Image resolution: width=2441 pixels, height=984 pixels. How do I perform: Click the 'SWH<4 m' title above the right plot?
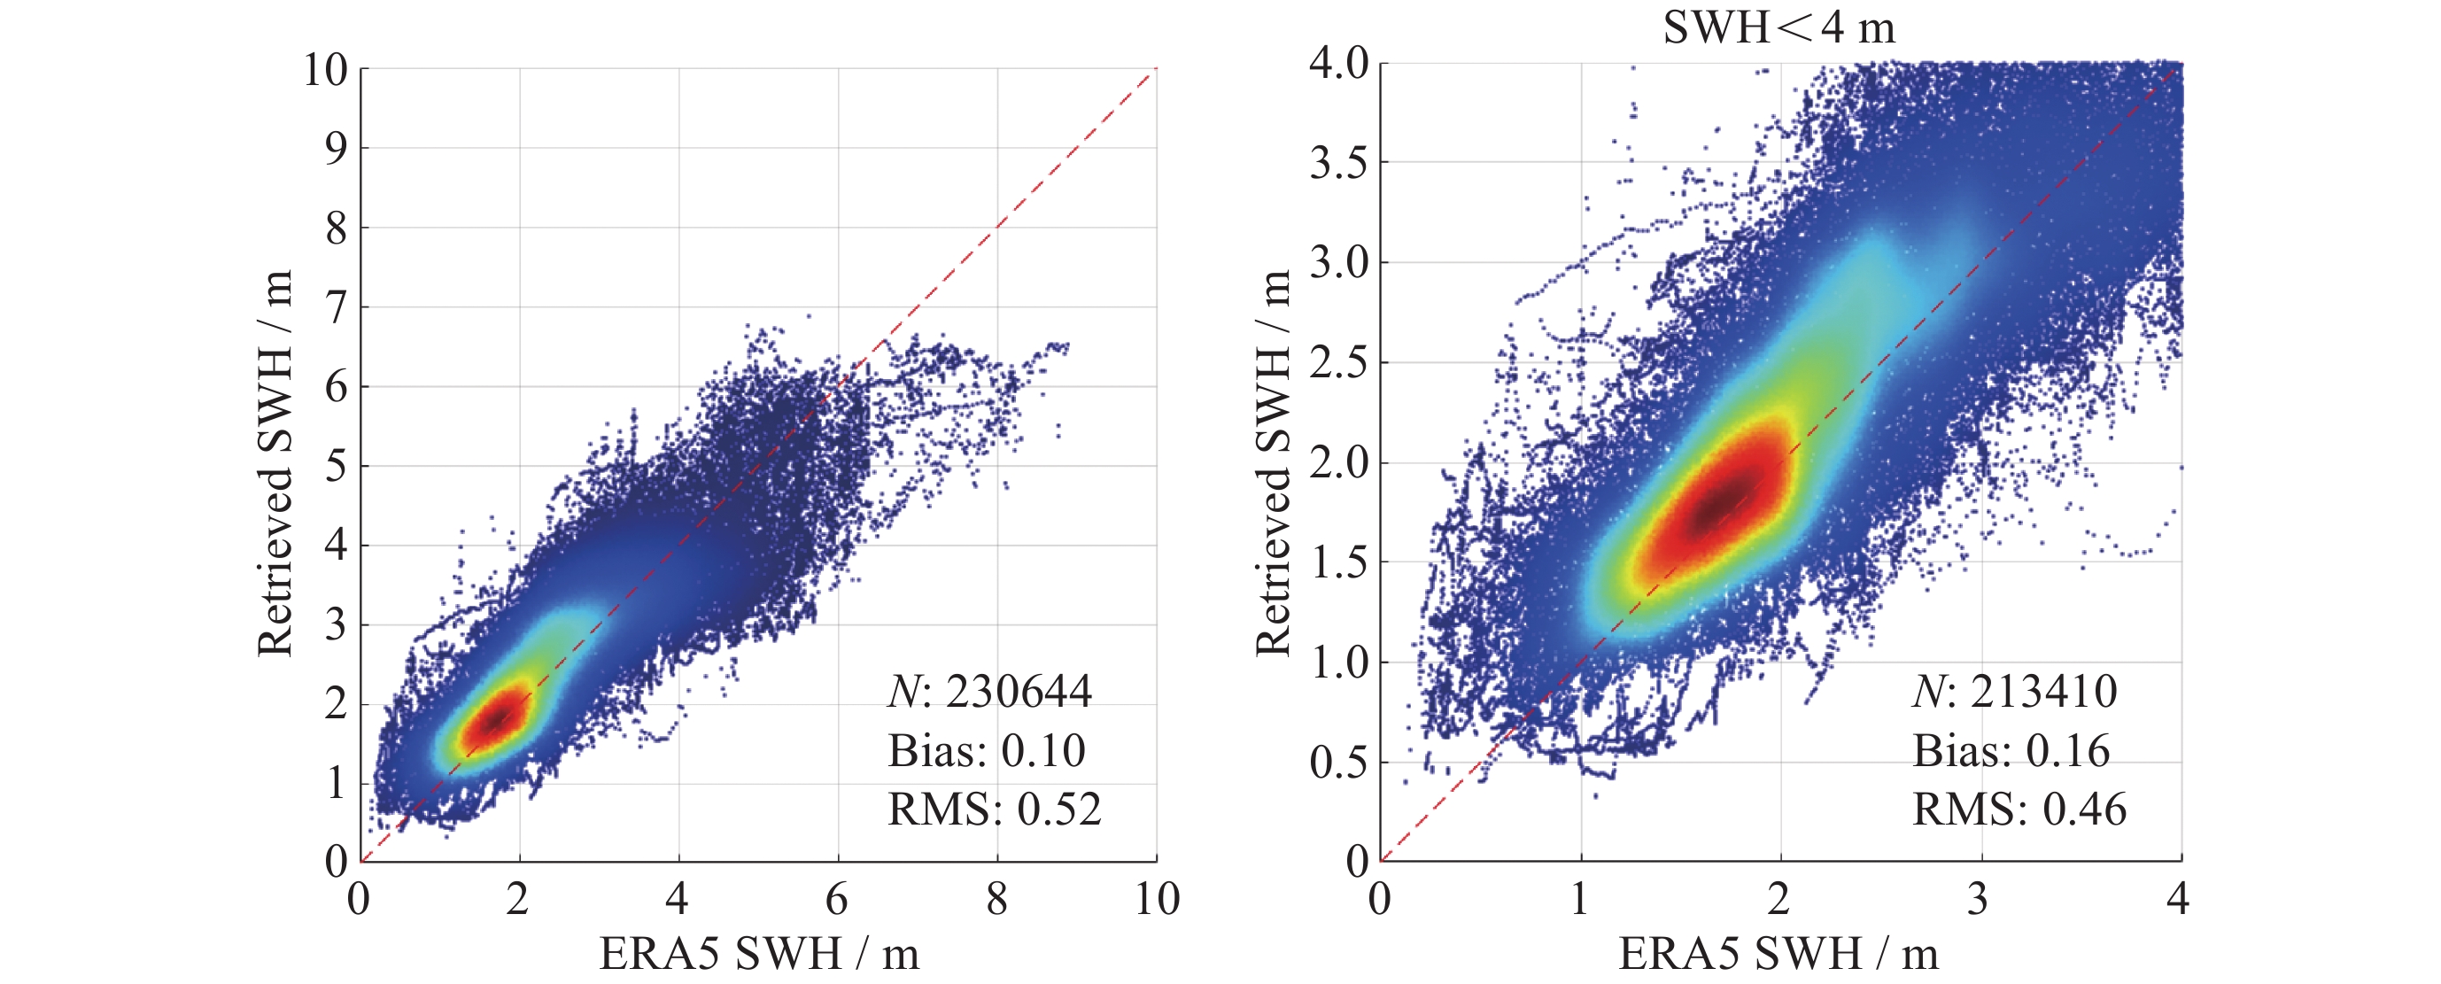[1778, 27]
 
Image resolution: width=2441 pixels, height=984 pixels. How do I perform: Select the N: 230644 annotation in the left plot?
[989, 691]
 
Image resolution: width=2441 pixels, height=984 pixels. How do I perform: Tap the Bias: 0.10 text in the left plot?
[987, 751]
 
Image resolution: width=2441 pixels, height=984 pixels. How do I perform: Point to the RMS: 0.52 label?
[994, 809]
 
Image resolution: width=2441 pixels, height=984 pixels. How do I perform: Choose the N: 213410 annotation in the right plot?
[2015, 691]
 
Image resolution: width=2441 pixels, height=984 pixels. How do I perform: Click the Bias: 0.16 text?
[2011, 751]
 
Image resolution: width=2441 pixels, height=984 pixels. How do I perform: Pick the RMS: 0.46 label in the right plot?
[2019, 809]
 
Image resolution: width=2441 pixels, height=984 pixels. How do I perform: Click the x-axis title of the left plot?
[759, 954]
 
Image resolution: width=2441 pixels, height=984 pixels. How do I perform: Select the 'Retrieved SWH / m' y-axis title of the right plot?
[1273, 462]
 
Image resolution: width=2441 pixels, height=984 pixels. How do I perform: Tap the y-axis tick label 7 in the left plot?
[337, 307]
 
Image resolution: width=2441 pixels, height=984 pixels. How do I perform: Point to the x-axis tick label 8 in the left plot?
[997, 899]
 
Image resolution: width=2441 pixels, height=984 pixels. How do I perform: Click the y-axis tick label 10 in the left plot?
[326, 69]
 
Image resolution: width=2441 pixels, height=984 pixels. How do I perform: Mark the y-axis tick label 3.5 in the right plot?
[1340, 163]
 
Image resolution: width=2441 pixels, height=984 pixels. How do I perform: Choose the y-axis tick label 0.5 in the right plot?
[1340, 763]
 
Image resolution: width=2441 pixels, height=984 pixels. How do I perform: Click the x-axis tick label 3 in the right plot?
[1978, 899]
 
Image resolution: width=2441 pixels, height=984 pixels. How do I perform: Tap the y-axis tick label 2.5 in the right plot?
[1340, 363]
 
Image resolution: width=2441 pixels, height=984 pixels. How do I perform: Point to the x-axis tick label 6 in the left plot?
[837, 899]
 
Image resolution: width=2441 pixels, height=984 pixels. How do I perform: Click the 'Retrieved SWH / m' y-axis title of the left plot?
[275, 462]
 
